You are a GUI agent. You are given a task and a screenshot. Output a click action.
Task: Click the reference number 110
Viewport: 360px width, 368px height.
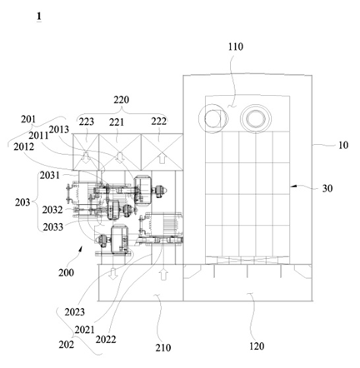click(x=236, y=47)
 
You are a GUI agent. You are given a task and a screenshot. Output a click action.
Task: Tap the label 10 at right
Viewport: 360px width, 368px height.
click(x=343, y=145)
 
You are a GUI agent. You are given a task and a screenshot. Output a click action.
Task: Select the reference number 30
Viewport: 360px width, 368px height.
click(x=327, y=188)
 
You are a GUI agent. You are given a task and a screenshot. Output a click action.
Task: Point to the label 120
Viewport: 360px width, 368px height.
click(x=256, y=346)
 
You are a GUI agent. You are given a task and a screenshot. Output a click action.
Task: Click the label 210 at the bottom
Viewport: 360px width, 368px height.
click(x=163, y=347)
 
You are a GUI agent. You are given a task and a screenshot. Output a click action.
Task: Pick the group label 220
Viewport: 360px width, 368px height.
click(x=121, y=100)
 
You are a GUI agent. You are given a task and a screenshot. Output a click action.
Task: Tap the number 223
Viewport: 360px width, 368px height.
click(x=87, y=122)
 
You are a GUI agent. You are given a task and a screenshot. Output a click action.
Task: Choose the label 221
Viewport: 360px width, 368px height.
click(x=116, y=122)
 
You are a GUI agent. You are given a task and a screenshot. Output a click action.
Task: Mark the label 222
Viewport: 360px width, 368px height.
click(x=158, y=122)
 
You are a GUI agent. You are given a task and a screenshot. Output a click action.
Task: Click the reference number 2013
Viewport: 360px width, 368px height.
click(x=59, y=129)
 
